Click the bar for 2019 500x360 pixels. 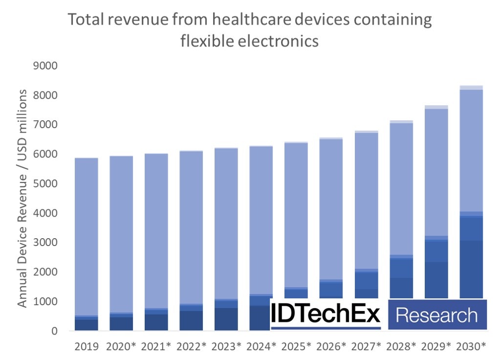pos(87,245)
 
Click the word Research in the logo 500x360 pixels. pos(436,315)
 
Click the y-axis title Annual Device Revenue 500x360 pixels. pos(22,198)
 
